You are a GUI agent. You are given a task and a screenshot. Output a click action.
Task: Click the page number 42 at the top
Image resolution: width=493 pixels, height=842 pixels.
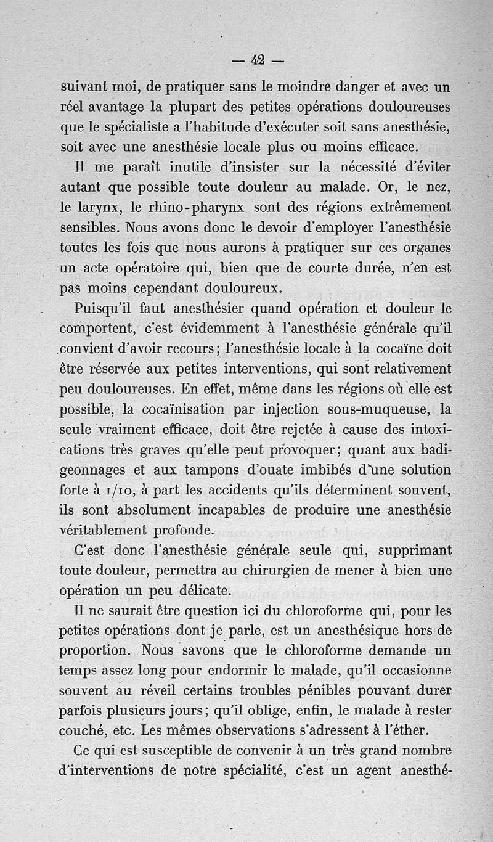click(x=258, y=60)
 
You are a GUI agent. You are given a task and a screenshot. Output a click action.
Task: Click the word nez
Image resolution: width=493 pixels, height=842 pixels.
click(x=437, y=186)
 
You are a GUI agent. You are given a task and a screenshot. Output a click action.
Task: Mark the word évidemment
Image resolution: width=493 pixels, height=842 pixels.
click(x=217, y=328)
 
